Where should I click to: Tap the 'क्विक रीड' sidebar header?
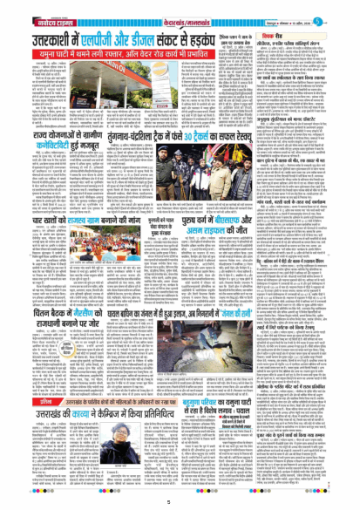coord(309,24)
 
